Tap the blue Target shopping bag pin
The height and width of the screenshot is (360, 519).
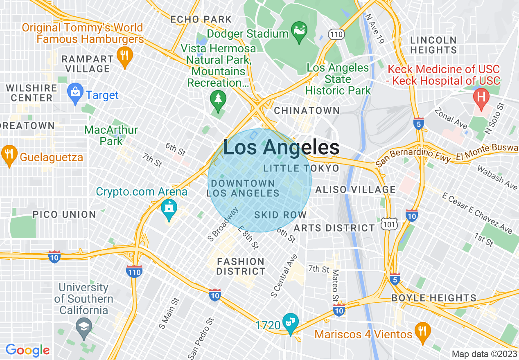point(75,93)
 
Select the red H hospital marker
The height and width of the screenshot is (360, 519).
point(482,98)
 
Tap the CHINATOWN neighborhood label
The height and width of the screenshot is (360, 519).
point(307,110)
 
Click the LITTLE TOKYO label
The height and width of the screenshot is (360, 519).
point(301,168)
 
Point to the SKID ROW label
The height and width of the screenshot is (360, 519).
point(280,215)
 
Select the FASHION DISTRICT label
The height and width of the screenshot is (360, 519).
point(241,266)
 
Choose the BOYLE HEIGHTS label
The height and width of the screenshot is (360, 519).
point(434,298)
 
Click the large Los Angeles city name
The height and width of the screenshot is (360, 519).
point(281,148)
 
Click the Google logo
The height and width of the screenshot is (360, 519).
point(28,350)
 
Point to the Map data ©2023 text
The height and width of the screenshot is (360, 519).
point(484,353)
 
